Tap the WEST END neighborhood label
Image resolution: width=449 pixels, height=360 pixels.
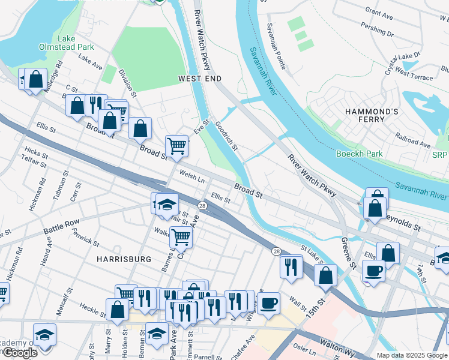tap(200, 79)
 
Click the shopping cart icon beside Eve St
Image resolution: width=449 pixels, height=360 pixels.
tap(176, 145)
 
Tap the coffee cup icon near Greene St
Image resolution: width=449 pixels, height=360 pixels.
tap(373, 271)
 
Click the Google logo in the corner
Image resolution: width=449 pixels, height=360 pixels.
tap(20, 353)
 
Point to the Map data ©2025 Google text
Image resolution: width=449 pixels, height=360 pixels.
tap(412, 355)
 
